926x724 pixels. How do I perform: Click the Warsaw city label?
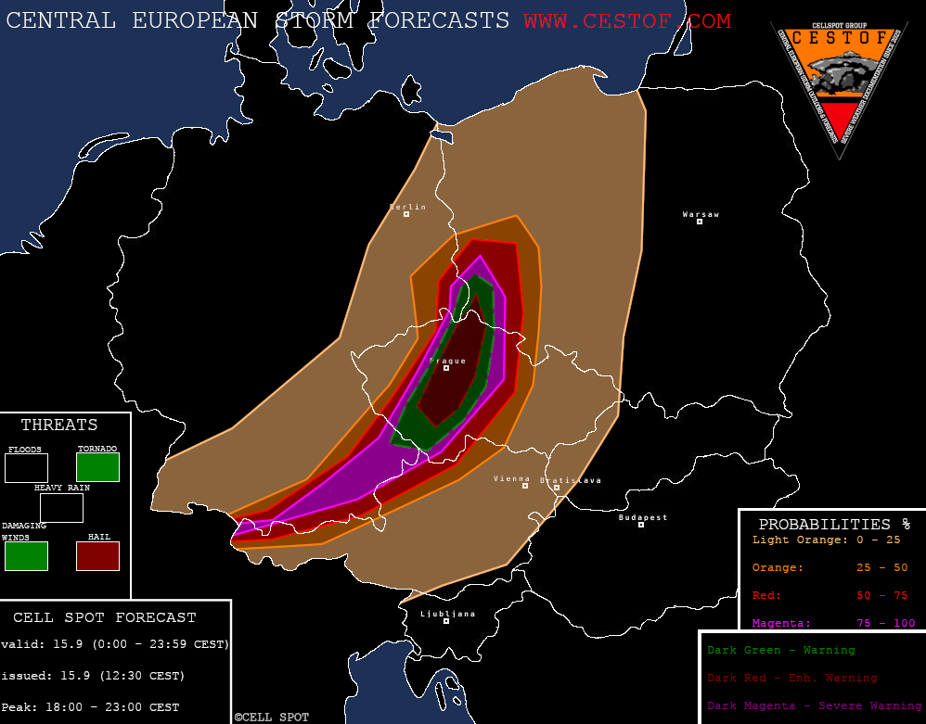tap(701, 214)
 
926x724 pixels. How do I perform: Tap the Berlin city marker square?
tap(406, 215)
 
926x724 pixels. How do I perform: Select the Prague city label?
tap(448, 361)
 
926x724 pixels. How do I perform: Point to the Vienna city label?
tap(511, 478)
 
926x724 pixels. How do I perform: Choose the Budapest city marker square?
tap(641, 525)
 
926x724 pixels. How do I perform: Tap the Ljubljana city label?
tap(447, 614)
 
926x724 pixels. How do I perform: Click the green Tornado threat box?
tap(97, 467)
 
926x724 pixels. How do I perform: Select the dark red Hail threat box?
tap(97, 556)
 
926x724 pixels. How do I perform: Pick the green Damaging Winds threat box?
tap(26, 556)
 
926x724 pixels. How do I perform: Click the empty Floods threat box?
tap(26, 467)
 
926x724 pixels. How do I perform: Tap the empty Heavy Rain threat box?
tap(61, 508)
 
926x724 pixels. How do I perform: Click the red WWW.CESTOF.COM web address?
tap(626, 20)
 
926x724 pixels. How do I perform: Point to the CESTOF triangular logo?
tap(839, 83)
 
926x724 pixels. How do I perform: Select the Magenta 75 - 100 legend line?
tap(832, 623)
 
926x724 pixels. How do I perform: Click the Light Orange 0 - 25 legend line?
tap(826, 540)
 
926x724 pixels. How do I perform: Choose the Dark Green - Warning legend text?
tap(780, 650)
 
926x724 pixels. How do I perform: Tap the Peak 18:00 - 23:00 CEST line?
tap(90, 707)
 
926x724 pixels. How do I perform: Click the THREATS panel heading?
tap(59, 426)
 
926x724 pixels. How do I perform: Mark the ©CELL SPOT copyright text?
tap(271, 718)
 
